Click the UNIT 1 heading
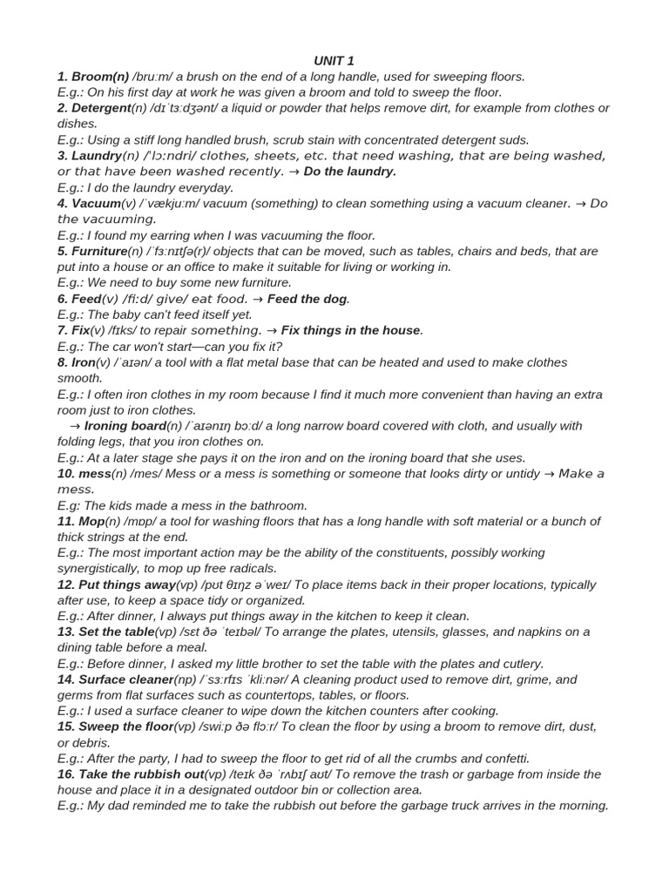point(334,60)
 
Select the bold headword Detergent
point(100,108)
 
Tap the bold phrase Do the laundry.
point(349,172)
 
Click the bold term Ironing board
point(125,426)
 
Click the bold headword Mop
point(91,521)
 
